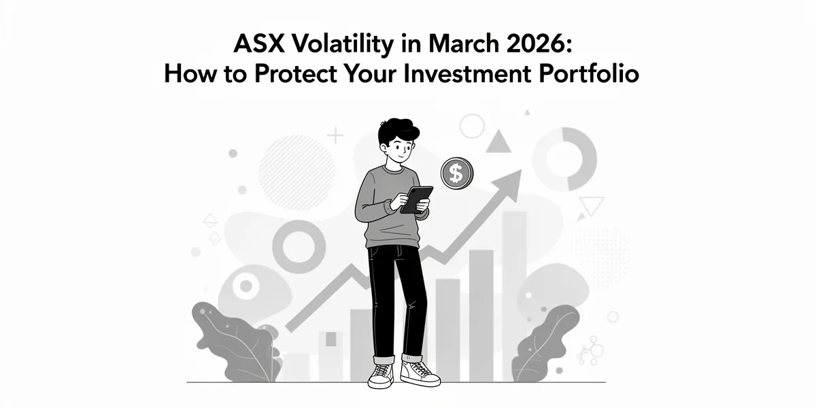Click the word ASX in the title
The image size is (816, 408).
tap(258, 44)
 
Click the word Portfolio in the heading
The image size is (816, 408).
tap(589, 73)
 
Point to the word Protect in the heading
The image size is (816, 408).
tap(295, 73)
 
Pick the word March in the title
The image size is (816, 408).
tap(463, 44)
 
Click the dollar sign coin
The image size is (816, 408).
tap(457, 173)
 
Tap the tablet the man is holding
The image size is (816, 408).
tap(416, 200)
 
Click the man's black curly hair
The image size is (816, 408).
tap(397, 131)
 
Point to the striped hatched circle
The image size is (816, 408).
tap(296, 172)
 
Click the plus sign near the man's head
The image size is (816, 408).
tap(335, 135)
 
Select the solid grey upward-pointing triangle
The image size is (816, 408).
tap(498, 142)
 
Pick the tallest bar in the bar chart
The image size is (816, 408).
tap(514, 297)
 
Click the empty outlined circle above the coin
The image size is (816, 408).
tap(472, 126)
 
